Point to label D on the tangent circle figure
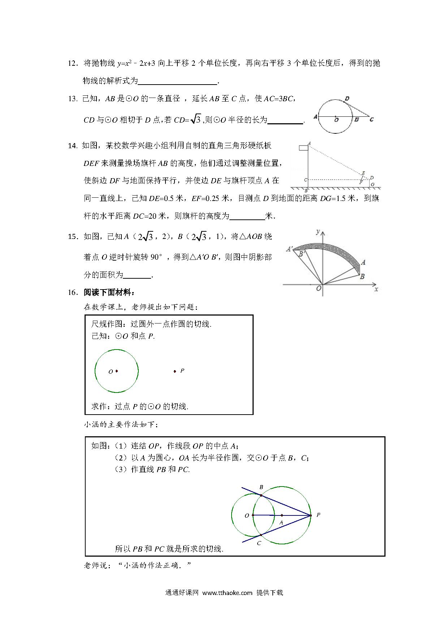pos(347,98)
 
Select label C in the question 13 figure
pos(372,120)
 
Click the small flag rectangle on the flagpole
pos(303,148)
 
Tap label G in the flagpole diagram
pos(372,184)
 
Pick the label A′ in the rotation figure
pos(289,249)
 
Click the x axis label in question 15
pos(376,289)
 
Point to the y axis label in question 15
pos(318,231)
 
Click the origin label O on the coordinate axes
pos(319,288)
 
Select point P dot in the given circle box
pos(175,371)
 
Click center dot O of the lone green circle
pos(117,371)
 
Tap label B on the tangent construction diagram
pos(261,487)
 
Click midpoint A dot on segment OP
pos(282,515)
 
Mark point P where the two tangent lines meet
pos(310,515)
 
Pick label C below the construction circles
pos(259,543)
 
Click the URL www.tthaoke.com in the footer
pos(227,592)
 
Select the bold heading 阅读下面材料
pos(109,293)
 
